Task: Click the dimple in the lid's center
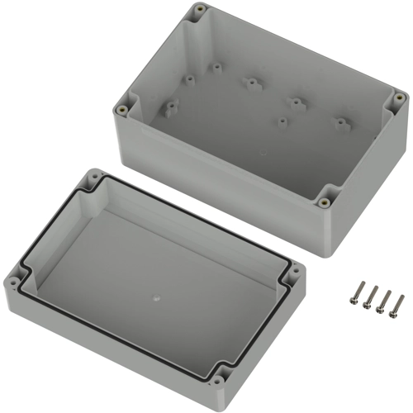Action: click(x=156, y=293)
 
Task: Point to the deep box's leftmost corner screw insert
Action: click(x=124, y=108)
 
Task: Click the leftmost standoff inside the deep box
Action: click(x=173, y=106)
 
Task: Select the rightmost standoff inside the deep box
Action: click(x=339, y=123)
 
